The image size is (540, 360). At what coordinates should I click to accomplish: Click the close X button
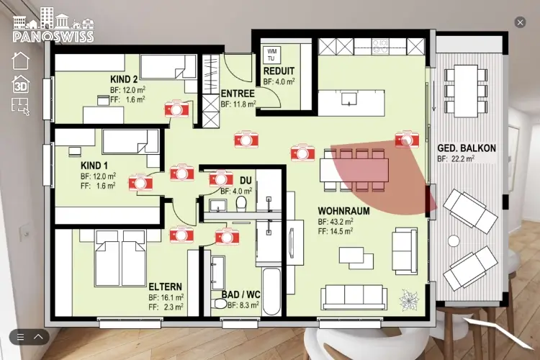[x=520, y=23]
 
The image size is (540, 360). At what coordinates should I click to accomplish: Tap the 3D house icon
[x=21, y=84]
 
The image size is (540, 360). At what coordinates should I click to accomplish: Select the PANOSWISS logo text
[x=53, y=37]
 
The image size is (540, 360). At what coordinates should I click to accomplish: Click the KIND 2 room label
[x=124, y=79]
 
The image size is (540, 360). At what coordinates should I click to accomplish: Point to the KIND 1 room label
[x=94, y=166]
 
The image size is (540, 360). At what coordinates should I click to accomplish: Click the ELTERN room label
[x=166, y=287]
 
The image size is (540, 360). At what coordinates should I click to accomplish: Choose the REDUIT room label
[x=279, y=71]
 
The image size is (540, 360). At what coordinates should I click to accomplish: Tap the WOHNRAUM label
[x=343, y=211]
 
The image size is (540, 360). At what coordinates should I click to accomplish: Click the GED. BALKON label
[x=467, y=148]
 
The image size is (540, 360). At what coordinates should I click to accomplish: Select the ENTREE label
[x=238, y=94]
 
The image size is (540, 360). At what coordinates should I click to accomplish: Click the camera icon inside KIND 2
[x=176, y=109]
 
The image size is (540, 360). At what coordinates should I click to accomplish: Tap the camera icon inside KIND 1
[x=140, y=182]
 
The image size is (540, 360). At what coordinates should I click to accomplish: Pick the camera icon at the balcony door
[x=407, y=139]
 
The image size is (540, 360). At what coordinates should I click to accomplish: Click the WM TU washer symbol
[x=271, y=55]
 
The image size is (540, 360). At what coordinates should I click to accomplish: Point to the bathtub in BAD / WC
[x=271, y=291]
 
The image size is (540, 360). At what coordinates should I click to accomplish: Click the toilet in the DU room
[x=241, y=203]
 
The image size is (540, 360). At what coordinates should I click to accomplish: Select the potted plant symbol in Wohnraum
[x=409, y=300]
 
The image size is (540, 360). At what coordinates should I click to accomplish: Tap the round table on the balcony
[x=454, y=240]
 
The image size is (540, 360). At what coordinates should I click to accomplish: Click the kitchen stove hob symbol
[x=380, y=46]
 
